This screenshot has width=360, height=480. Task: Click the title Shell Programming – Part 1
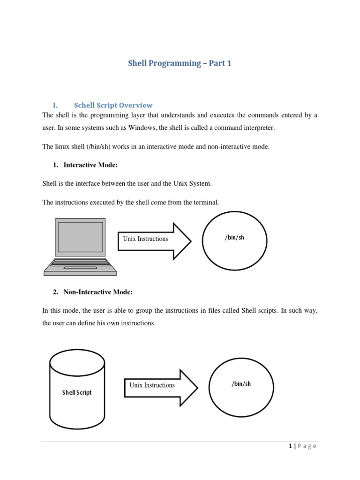pyautogui.click(x=180, y=63)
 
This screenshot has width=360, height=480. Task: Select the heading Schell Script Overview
pyautogui.click(x=113, y=105)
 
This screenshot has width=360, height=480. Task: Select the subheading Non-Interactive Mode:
pyautogui.click(x=98, y=292)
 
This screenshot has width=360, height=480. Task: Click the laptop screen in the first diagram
pyautogui.click(x=80, y=237)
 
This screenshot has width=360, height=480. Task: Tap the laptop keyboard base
pyautogui.click(x=80, y=267)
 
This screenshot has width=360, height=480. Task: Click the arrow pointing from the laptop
pyautogui.click(x=155, y=241)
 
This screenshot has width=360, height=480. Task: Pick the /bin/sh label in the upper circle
pyautogui.click(x=234, y=238)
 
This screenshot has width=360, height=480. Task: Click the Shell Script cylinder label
pyautogui.click(x=77, y=392)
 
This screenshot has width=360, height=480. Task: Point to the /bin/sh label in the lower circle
pyautogui.click(x=241, y=384)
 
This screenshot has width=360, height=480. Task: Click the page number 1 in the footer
pyautogui.click(x=290, y=446)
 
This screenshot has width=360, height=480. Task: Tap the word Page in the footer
pyautogui.click(x=307, y=446)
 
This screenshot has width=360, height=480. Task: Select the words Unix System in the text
pyautogui.click(x=193, y=184)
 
